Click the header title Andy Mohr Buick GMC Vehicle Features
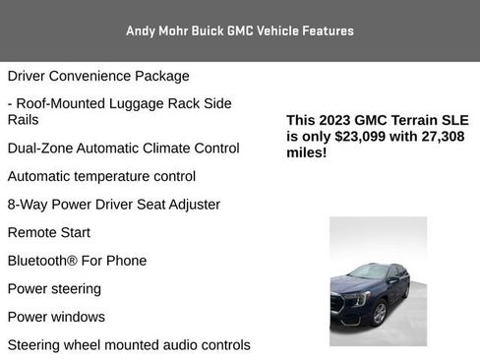pyautogui.click(x=240, y=30)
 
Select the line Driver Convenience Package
pyautogui.click(x=98, y=76)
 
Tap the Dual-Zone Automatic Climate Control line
pyautogui.click(x=123, y=149)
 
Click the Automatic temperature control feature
pyautogui.click(x=101, y=177)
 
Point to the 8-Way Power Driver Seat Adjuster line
pyautogui.click(x=113, y=205)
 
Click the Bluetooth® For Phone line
pyautogui.click(x=77, y=261)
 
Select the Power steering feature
pyautogui.click(x=54, y=289)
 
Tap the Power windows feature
pyautogui.click(x=56, y=317)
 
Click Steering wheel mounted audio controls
pyautogui.click(x=129, y=345)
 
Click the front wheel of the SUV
pyautogui.click(x=379, y=314)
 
